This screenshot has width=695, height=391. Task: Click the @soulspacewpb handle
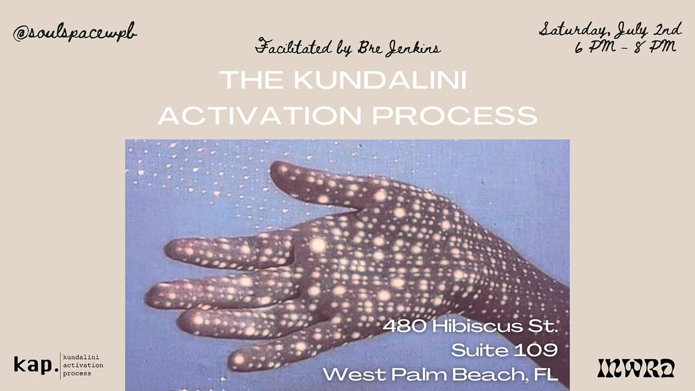pyautogui.click(x=75, y=32)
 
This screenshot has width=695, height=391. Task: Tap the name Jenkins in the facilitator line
pyautogui.click(x=414, y=49)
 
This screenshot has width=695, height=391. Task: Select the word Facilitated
pyautogui.click(x=294, y=46)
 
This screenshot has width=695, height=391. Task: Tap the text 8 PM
pyautogui.click(x=654, y=47)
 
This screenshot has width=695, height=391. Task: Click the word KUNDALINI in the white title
pyautogui.click(x=380, y=80)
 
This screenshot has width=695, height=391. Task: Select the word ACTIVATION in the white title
pyautogui.click(x=259, y=115)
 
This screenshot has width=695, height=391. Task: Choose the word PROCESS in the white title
pyautogui.click(x=455, y=115)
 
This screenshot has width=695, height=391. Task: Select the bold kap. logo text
pyautogui.click(x=36, y=365)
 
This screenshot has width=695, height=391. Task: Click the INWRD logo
pyautogui.click(x=636, y=368)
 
